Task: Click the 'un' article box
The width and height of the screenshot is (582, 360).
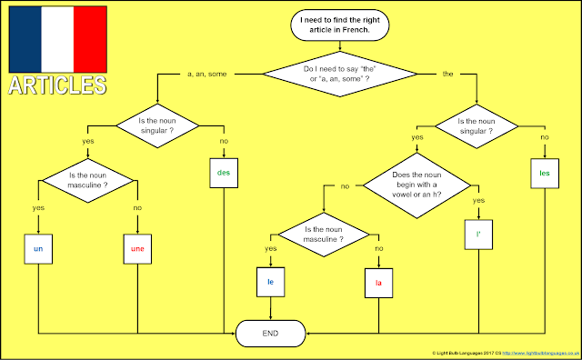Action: (38, 247)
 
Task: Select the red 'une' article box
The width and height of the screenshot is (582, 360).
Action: (136, 247)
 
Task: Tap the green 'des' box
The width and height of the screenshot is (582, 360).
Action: (225, 172)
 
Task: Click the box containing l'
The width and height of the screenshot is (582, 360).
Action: (477, 234)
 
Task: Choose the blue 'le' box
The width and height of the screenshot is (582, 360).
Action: (270, 283)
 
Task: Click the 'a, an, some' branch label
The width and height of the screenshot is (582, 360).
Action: (207, 73)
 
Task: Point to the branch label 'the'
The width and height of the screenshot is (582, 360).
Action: (447, 73)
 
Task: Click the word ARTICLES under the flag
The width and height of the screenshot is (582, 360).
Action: (56, 85)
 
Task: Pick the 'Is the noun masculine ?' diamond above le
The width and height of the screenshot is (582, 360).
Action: (324, 235)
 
